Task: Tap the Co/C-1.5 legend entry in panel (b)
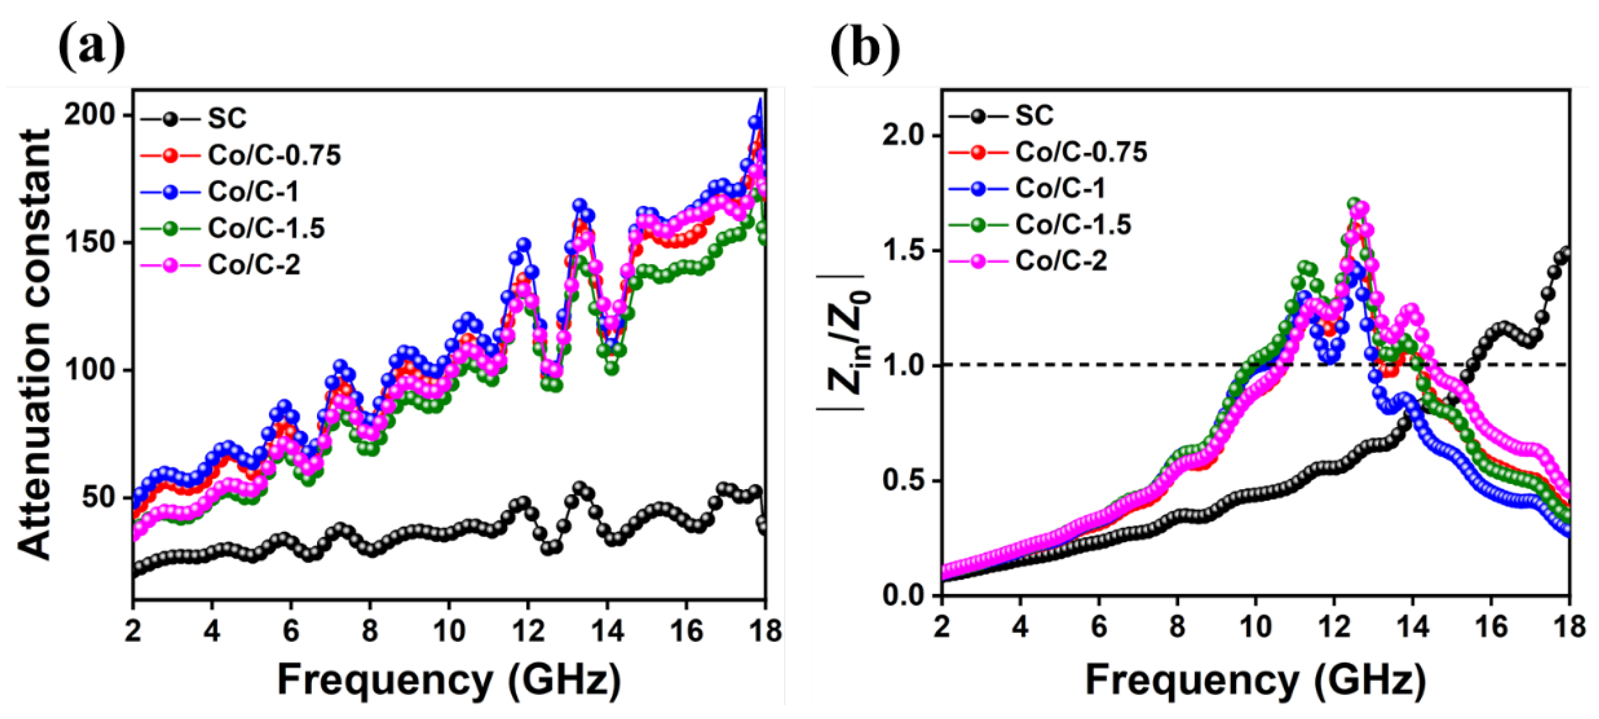(1073, 224)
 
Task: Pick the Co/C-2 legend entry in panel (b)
(1060, 261)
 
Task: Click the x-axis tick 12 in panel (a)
(528, 631)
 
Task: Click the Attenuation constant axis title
(34, 345)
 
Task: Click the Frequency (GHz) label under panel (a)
(449, 680)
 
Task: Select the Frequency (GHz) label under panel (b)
(1256, 680)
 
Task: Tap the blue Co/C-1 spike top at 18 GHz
(760, 100)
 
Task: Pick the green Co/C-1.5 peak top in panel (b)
(1355, 204)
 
